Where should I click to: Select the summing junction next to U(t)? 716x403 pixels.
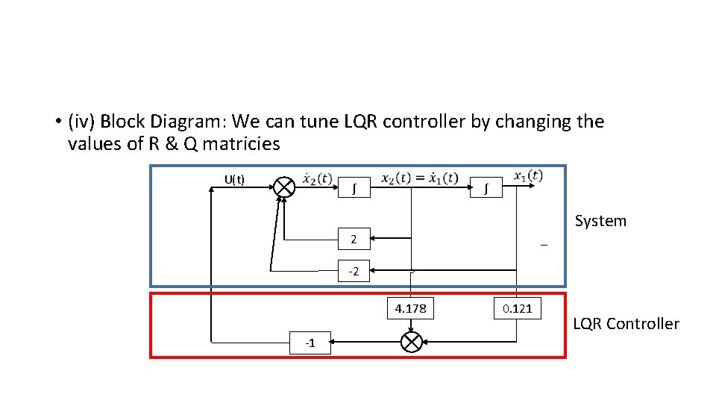click(x=283, y=187)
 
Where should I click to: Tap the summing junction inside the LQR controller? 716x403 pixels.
click(x=411, y=342)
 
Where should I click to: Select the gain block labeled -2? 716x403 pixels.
click(x=354, y=270)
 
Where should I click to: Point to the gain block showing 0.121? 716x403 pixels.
click(x=518, y=307)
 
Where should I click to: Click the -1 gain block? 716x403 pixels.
click(x=310, y=343)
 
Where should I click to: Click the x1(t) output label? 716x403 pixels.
click(x=527, y=175)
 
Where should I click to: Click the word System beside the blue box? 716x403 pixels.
click(x=600, y=221)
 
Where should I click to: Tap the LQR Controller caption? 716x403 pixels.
click(x=625, y=324)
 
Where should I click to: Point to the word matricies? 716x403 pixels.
click(x=239, y=144)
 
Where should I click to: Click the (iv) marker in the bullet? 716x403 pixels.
click(x=80, y=122)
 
